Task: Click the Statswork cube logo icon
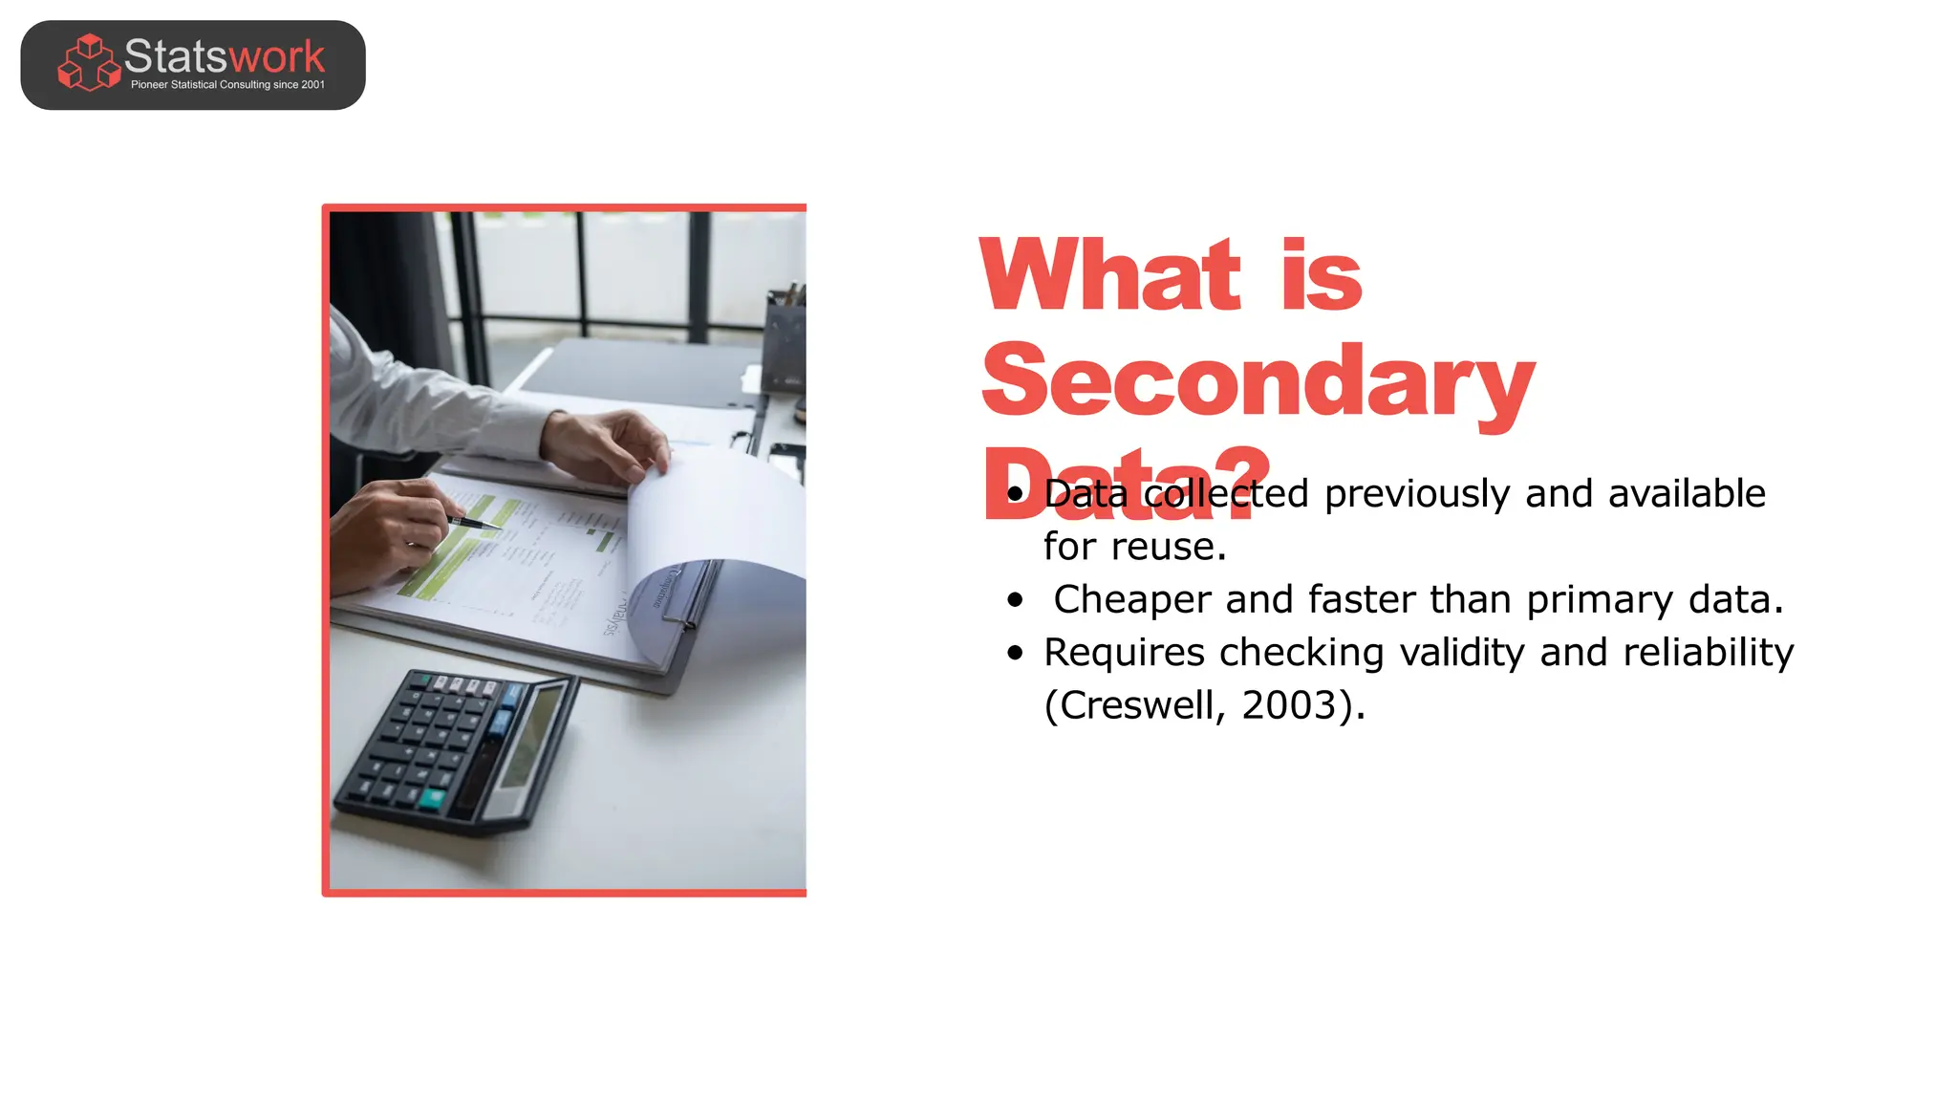pyautogui.click(x=89, y=63)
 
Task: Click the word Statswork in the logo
pyautogui.click(x=225, y=56)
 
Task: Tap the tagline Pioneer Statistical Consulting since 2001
pyautogui.click(x=227, y=85)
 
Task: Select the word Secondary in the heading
pyautogui.click(x=1258, y=381)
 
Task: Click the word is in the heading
pyautogui.click(x=1322, y=276)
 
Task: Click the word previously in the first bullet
pyautogui.click(x=1418, y=494)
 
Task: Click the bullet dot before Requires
pyautogui.click(x=1015, y=653)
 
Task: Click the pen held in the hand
pyautogui.click(x=473, y=523)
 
